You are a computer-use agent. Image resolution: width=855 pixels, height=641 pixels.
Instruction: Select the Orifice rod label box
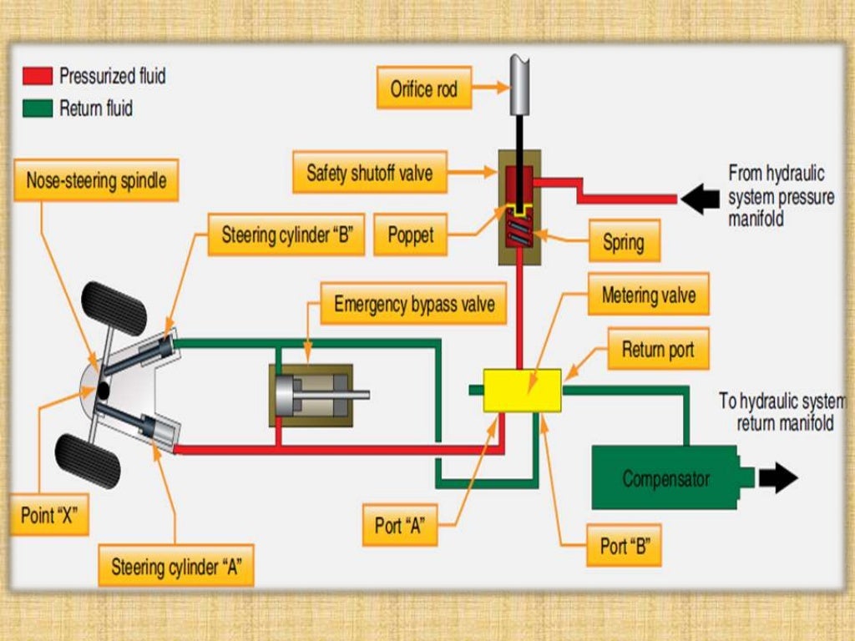point(424,88)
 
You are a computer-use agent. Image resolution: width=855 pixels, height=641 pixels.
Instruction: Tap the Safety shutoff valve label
point(370,173)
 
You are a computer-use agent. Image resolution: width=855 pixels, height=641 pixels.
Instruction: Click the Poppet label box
point(410,235)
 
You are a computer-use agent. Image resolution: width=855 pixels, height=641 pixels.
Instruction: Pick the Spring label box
point(623,243)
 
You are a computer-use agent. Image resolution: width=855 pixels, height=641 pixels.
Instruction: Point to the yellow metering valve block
point(522,390)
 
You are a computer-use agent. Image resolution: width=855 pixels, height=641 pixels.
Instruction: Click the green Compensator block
point(665,478)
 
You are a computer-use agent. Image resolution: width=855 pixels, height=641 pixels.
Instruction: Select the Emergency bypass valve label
point(414,304)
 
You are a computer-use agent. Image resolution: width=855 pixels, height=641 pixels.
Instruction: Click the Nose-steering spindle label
point(96,180)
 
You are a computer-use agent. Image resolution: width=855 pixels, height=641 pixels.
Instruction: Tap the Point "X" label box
point(48,515)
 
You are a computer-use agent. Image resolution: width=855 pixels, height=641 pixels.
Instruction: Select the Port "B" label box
point(625,547)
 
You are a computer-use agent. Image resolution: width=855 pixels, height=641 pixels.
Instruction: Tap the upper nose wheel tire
point(114,308)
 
